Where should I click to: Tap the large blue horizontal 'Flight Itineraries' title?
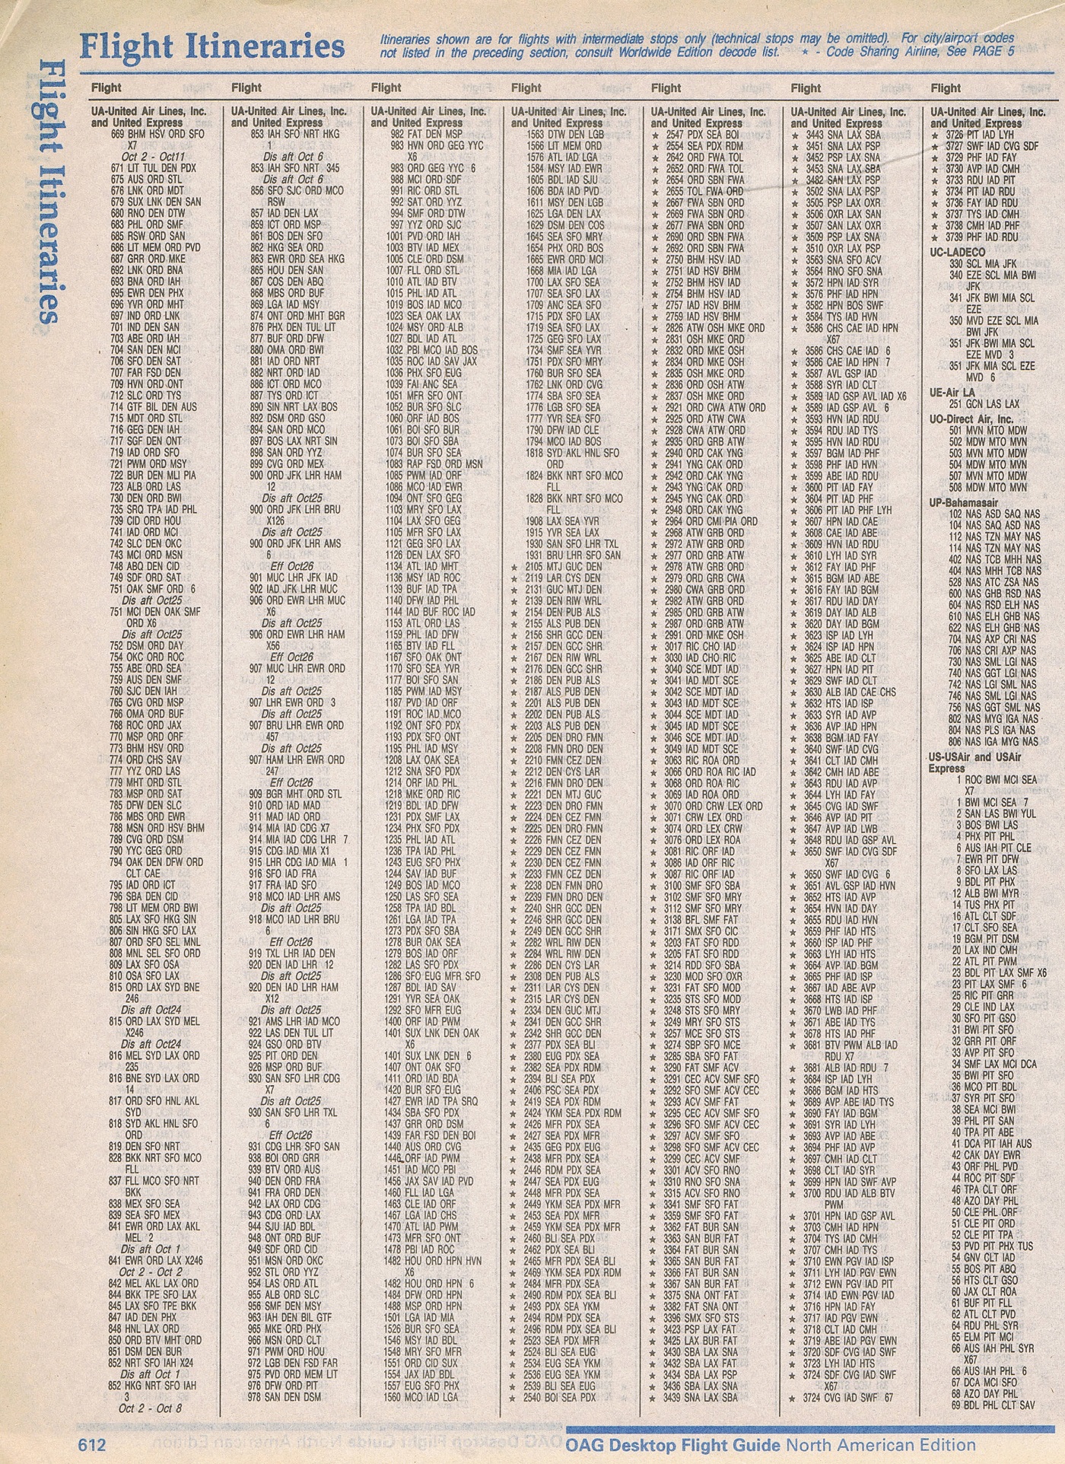(x=212, y=47)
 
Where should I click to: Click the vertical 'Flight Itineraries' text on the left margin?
(x=47, y=189)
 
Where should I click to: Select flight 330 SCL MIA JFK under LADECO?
(x=982, y=263)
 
